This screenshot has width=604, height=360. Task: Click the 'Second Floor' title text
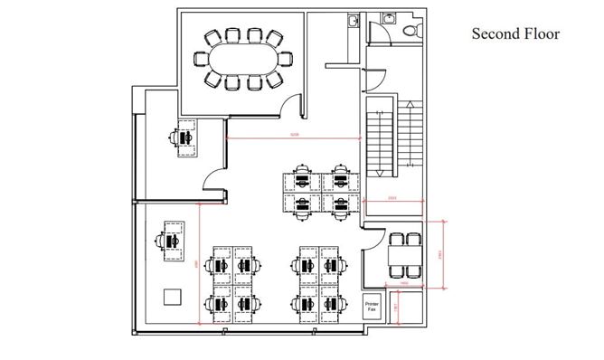(x=515, y=34)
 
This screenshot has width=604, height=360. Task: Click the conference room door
(x=292, y=107)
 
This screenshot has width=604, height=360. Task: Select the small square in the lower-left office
(x=171, y=296)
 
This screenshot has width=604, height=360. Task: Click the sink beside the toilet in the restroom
(x=389, y=18)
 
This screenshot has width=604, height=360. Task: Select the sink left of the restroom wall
(x=352, y=20)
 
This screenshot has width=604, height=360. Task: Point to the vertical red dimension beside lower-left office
(x=197, y=263)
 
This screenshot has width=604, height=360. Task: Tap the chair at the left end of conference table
(x=201, y=60)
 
